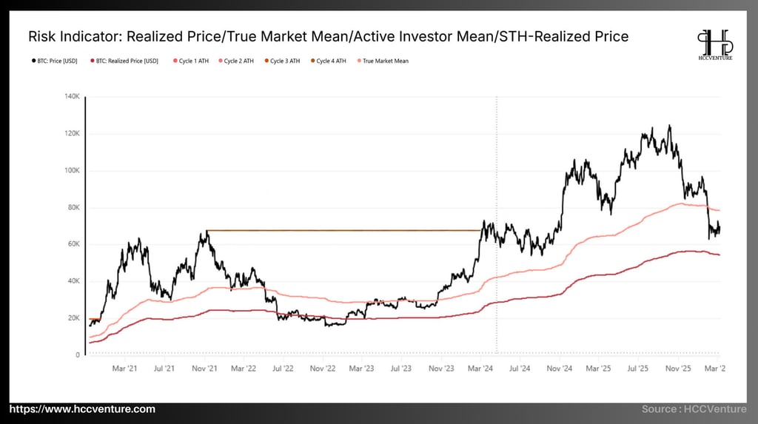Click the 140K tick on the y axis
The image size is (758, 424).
73,96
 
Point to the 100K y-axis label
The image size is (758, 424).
73,170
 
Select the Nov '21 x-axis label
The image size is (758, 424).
204,367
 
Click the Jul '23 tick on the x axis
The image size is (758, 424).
401,367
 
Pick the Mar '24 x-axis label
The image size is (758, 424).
481,367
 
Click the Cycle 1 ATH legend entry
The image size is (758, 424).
192,61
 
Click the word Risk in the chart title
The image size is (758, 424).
41,36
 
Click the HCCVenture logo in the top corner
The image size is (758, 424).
714,44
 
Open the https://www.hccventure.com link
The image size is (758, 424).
83,409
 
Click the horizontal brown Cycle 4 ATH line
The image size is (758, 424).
341,230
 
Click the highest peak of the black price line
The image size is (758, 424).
669,127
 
